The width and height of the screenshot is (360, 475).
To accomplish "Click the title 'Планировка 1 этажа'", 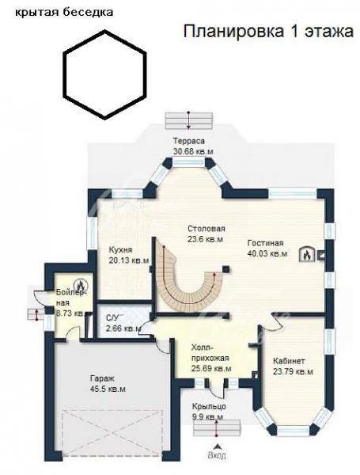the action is [x=268, y=31].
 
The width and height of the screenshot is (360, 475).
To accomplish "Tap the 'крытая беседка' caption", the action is [x=64, y=13].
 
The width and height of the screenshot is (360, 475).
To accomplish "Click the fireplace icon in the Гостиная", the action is [x=307, y=254].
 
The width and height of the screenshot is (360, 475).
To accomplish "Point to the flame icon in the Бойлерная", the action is [x=81, y=284].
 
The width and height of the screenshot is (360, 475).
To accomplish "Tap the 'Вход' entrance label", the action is [x=217, y=455].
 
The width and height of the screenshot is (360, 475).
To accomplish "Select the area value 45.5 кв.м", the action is [x=108, y=389].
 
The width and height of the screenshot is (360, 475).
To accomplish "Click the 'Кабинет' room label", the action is [x=289, y=361].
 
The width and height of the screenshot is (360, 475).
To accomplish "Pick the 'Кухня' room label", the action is [x=120, y=249].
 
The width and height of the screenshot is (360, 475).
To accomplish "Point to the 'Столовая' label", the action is [x=207, y=229].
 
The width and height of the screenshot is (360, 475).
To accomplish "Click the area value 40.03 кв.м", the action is [x=267, y=253].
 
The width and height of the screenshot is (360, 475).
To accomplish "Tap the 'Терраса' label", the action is [x=189, y=141].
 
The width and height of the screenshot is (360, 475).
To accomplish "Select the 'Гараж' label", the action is [x=102, y=378].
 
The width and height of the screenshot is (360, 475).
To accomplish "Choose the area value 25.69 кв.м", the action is [x=211, y=369].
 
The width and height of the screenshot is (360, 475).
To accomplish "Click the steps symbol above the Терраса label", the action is [x=189, y=120].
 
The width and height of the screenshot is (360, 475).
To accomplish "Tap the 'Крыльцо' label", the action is [x=209, y=406].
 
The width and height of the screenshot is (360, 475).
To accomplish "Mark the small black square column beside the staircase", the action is [x=225, y=269].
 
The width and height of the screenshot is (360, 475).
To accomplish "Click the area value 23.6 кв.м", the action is [x=205, y=239].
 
